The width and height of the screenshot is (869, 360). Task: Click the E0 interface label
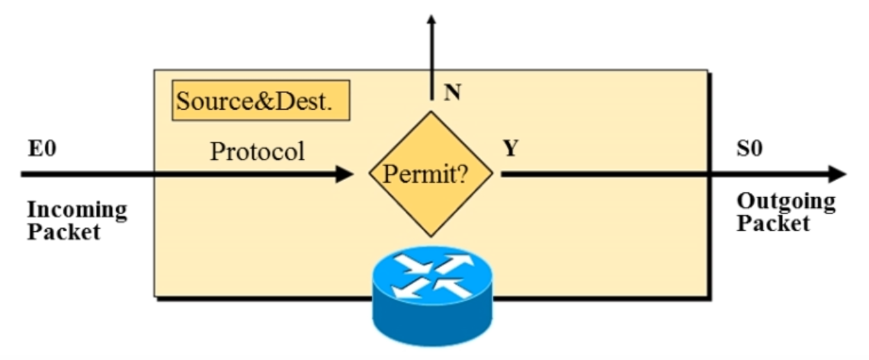[42, 149]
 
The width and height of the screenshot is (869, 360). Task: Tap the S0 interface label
[749, 149]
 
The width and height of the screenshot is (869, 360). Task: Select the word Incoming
[77, 211]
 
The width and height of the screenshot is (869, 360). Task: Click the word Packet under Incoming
[64, 232]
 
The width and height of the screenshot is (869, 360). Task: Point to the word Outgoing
[786, 202]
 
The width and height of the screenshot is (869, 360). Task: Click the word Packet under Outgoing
[773, 223]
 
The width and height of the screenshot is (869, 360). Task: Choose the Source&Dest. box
[261, 101]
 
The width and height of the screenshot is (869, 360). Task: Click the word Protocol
[257, 151]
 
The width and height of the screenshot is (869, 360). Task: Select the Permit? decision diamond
[431, 174]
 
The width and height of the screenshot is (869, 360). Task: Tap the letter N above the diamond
[453, 93]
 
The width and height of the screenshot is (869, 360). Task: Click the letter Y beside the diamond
[510, 149]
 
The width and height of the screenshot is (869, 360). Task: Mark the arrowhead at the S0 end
[837, 174]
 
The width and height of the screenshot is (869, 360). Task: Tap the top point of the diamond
[431, 111]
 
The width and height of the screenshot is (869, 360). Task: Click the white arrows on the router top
[431, 270]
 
